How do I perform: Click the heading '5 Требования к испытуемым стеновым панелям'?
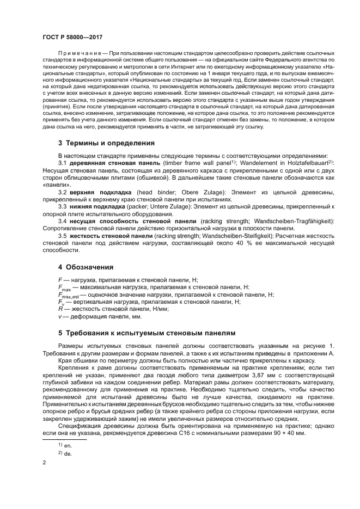click(x=147, y=332)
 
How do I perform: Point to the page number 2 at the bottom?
click(x=44, y=463)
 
